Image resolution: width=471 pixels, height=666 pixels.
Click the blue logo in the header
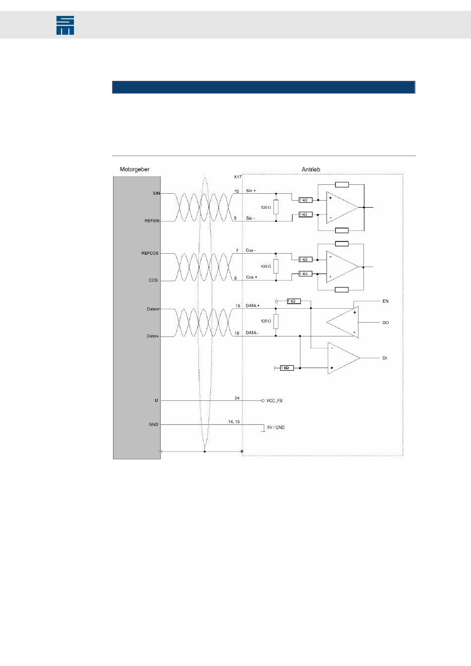pos(65,25)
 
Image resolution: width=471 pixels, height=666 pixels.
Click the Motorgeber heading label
pos(134,169)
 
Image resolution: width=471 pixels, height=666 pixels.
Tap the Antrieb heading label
pos(311,169)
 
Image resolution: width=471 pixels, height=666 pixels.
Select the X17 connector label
pos(237,177)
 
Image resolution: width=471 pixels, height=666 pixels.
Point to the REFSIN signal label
pos(152,221)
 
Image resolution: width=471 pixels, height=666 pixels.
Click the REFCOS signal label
pos(150,253)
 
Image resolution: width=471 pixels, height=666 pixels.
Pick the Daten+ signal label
pos(153,309)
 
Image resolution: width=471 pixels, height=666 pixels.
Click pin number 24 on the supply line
pos(237,398)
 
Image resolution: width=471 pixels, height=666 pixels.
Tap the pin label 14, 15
pos(234,422)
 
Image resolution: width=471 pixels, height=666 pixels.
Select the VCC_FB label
pos(274,401)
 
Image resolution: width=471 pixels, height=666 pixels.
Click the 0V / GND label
pos(276,427)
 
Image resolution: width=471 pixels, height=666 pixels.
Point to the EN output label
pos(385,301)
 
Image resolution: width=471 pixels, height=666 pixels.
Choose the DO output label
pos(385,323)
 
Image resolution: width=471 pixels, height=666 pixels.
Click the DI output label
pos(385,358)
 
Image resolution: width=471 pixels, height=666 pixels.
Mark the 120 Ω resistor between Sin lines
pos(276,207)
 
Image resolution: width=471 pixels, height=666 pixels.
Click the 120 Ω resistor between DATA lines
pos(276,321)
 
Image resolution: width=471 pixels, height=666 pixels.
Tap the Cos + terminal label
pos(251,277)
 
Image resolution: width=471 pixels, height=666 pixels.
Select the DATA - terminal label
pos(252,333)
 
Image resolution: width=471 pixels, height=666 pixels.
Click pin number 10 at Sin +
pos(236,191)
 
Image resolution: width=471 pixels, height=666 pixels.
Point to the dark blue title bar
pos(263,87)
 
